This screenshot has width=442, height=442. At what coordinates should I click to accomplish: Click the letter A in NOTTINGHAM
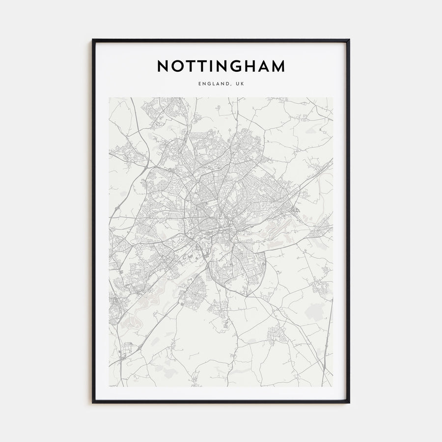click(263, 66)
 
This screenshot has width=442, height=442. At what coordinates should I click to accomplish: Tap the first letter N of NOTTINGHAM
click(163, 66)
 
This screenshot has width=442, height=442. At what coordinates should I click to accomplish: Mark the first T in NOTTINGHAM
click(191, 66)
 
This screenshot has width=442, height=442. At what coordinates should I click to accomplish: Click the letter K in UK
click(242, 84)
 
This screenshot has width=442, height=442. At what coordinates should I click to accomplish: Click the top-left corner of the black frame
click(93, 40)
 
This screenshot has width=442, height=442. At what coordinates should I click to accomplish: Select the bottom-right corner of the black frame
click(349, 403)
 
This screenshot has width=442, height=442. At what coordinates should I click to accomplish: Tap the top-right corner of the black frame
click(349, 40)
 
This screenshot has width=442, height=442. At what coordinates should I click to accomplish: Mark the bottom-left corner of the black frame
click(93, 403)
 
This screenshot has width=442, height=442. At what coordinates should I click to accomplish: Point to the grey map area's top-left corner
click(110, 98)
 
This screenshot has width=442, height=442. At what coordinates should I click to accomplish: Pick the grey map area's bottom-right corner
click(332, 386)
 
